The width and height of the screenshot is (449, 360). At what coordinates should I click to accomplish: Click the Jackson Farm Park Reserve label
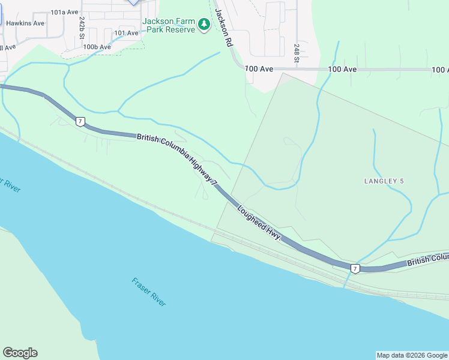point(169,25)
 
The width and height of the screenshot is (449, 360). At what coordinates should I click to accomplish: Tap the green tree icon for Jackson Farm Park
point(204,25)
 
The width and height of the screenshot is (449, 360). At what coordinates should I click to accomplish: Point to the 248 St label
point(297,53)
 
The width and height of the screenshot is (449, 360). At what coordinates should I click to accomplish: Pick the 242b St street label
point(82,27)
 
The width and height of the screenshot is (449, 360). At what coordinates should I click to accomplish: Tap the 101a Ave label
point(65,12)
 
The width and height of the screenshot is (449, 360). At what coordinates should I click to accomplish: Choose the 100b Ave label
point(97,47)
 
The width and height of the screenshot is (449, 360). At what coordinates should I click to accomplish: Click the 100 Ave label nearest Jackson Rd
point(259,70)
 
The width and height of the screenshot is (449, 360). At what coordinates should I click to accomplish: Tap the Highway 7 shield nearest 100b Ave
point(80,122)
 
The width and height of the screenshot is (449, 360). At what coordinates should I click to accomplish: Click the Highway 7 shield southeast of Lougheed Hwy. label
point(355,268)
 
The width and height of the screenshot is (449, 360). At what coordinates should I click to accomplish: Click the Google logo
point(20,353)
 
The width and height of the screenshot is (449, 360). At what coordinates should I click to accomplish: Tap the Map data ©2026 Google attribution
point(411,355)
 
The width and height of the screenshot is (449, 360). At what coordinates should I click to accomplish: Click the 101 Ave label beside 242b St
point(126,33)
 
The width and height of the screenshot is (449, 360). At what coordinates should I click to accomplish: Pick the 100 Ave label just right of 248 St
point(342,70)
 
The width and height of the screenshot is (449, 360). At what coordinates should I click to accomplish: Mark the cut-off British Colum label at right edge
point(427,260)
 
